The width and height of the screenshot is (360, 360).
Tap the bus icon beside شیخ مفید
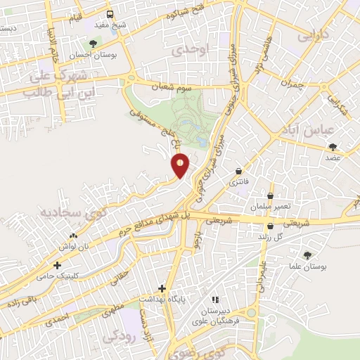(x=110, y=15)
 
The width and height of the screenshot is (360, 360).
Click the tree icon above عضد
(x=333, y=147)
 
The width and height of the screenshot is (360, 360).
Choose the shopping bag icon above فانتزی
(x=239, y=171)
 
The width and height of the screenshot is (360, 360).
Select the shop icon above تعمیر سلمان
(x=270, y=196)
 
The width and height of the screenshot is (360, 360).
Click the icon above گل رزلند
(x=271, y=226)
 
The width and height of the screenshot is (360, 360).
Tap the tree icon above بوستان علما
(x=306, y=255)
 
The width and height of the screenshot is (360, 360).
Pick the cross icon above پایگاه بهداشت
(x=162, y=288)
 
